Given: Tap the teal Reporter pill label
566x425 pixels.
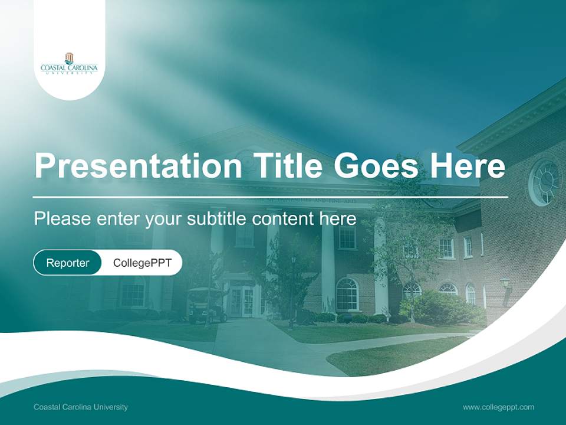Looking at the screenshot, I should (x=68, y=263).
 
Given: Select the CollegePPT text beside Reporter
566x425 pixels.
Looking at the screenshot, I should (x=142, y=263).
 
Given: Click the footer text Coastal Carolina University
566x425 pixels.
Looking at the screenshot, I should (x=81, y=407).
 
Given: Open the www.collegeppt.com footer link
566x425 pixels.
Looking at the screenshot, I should (x=498, y=407).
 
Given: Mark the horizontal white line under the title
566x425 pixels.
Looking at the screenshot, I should (x=271, y=197).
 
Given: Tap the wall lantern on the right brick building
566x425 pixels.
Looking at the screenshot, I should (x=505, y=283).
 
